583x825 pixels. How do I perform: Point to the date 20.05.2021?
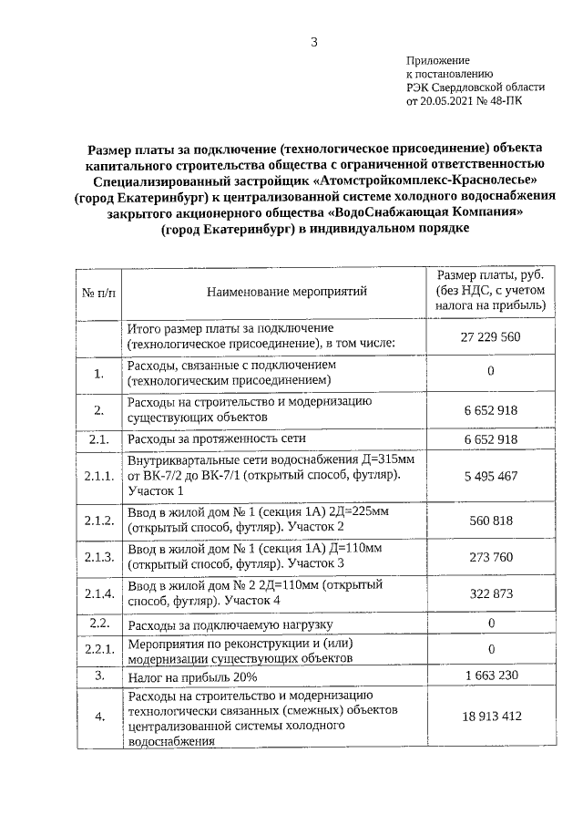451,101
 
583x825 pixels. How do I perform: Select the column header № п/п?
98,292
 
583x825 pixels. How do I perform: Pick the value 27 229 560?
490,336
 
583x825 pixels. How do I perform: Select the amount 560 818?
490,521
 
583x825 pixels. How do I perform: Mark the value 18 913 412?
490,717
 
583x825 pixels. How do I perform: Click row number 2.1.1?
98,476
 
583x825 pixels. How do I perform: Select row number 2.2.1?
98,649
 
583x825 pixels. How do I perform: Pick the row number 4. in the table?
98,717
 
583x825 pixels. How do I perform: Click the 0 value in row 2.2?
490,624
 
